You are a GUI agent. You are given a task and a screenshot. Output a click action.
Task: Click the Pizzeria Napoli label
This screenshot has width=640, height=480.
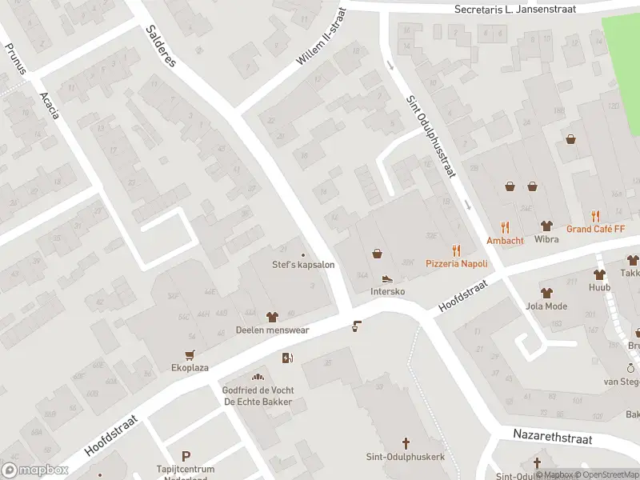click(x=456, y=263)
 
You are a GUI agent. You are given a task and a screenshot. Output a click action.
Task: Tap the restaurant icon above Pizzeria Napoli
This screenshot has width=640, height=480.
click(x=456, y=250)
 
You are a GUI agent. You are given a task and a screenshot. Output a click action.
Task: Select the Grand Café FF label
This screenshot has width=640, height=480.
click(x=595, y=229)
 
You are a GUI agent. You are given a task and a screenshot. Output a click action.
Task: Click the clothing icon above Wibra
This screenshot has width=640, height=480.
click(x=547, y=226)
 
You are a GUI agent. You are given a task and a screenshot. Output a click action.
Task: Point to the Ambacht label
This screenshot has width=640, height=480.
click(x=505, y=240)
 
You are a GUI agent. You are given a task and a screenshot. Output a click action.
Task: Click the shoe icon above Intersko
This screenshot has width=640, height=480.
click(x=387, y=279)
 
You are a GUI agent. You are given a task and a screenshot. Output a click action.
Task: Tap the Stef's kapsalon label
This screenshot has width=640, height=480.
click(x=303, y=265)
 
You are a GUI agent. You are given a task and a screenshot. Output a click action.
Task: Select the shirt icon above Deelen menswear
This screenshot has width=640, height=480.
click(x=271, y=317)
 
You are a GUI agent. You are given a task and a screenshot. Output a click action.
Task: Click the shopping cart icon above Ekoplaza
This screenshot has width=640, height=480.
click(x=190, y=355)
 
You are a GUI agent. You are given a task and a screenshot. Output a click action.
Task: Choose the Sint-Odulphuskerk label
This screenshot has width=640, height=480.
click(x=406, y=456)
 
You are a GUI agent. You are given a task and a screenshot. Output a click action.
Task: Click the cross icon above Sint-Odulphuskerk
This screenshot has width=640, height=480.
click(x=406, y=443)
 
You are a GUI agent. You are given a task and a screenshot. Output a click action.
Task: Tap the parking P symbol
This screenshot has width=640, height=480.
click(x=186, y=455)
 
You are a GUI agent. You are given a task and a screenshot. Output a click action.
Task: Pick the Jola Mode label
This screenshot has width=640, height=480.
click(x=546, y=306)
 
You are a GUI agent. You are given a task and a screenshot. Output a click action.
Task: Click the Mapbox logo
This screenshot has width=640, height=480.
click(x=35, y=470)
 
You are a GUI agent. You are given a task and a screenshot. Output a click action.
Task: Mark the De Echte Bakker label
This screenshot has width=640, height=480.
click(x=258, y=402)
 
